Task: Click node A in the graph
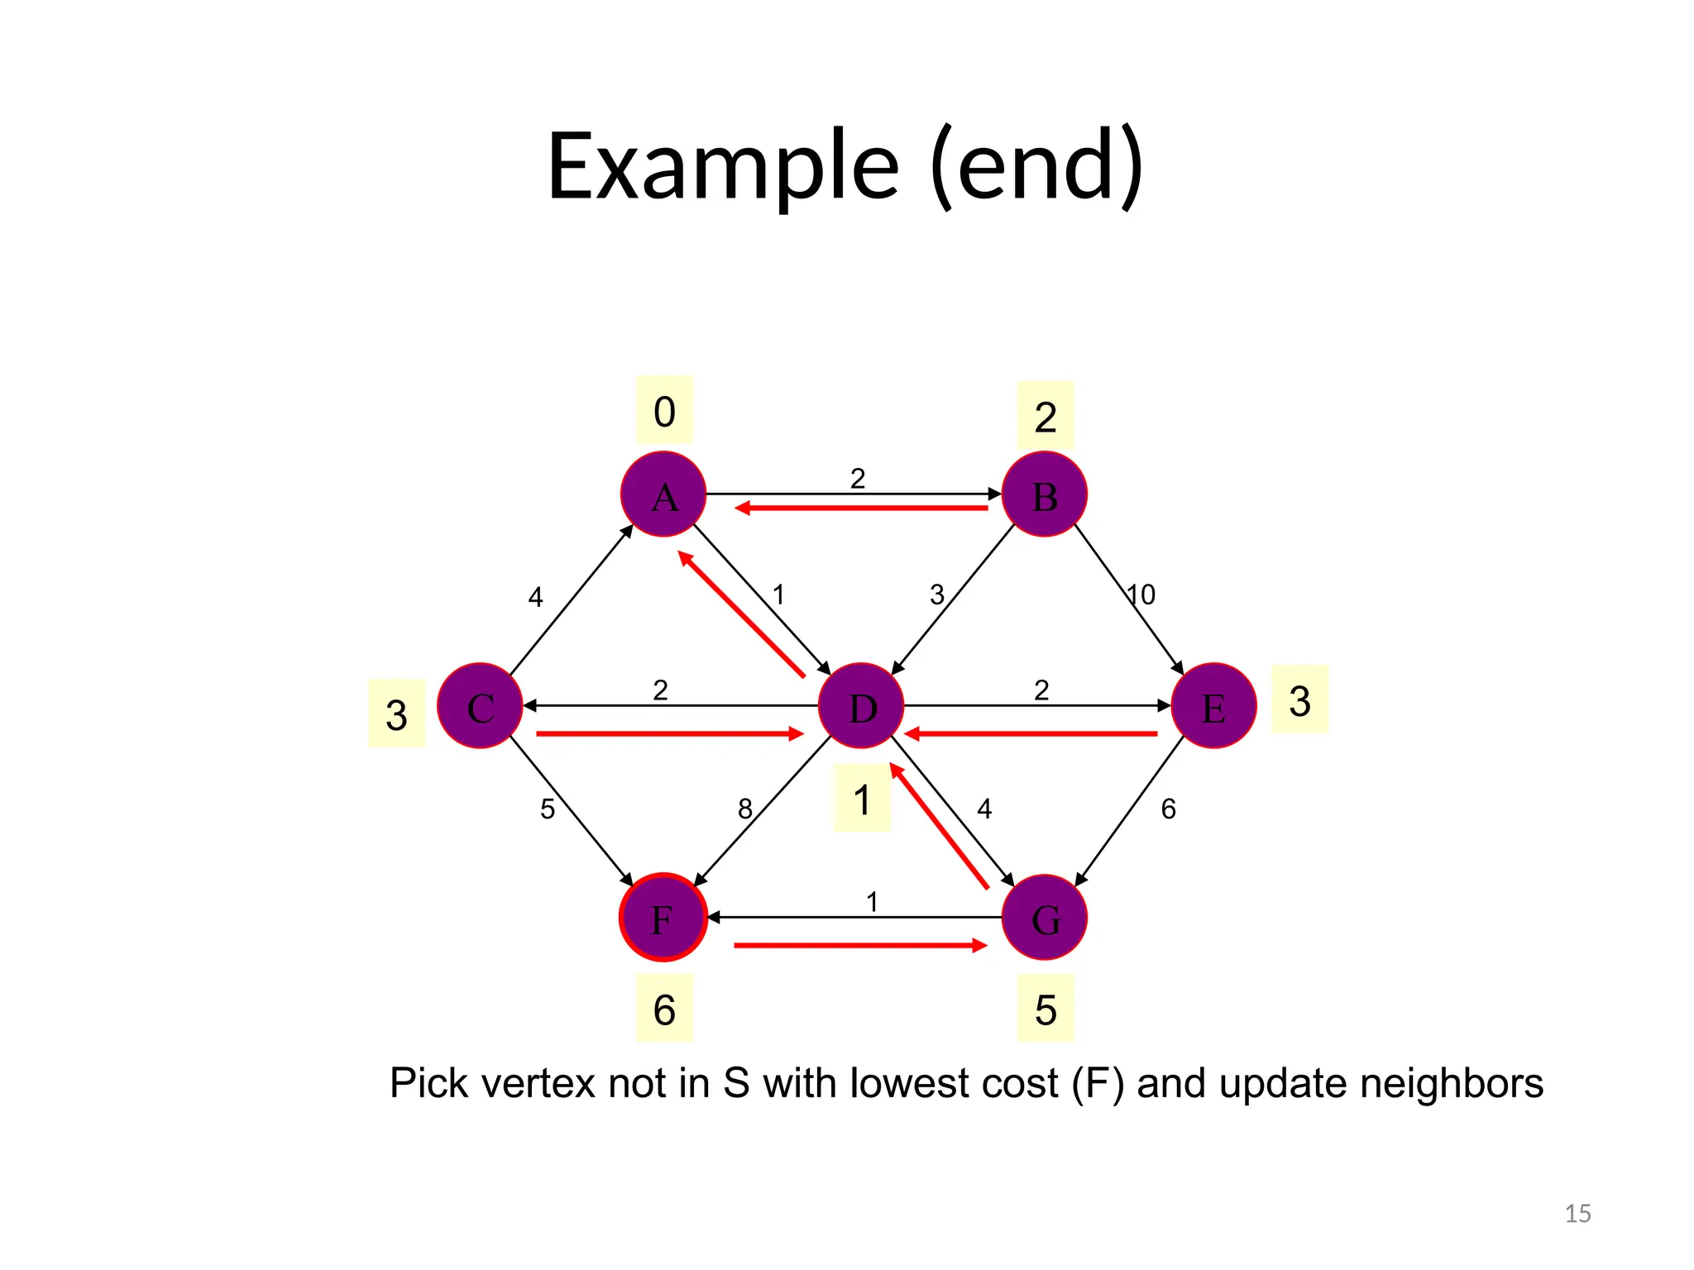(x=663, y=494)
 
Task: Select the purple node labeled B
(x=1045, y=494)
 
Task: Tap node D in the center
(x=861, y=706)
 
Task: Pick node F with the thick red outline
(x=663, y=917)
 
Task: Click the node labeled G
(x=1045, y=917)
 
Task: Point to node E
(x=1213, y=706)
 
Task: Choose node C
(x=480, y=706)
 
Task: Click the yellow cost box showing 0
(x=664, y=410)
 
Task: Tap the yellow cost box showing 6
(x=664, y=1009)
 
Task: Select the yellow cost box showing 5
(x=1046, y=1009)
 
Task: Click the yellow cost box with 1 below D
(x=862, y=799)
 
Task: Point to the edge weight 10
(x=1141, y=594)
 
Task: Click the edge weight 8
(x=745, y=809)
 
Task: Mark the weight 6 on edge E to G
(x=1168, y=809)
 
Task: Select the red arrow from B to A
(x=860, y=508)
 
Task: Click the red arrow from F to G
(x=860, y=945)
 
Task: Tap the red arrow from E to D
(x=1030, y=733)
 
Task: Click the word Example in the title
(x=723, y=167)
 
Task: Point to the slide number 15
(x=1577, y=1214)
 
